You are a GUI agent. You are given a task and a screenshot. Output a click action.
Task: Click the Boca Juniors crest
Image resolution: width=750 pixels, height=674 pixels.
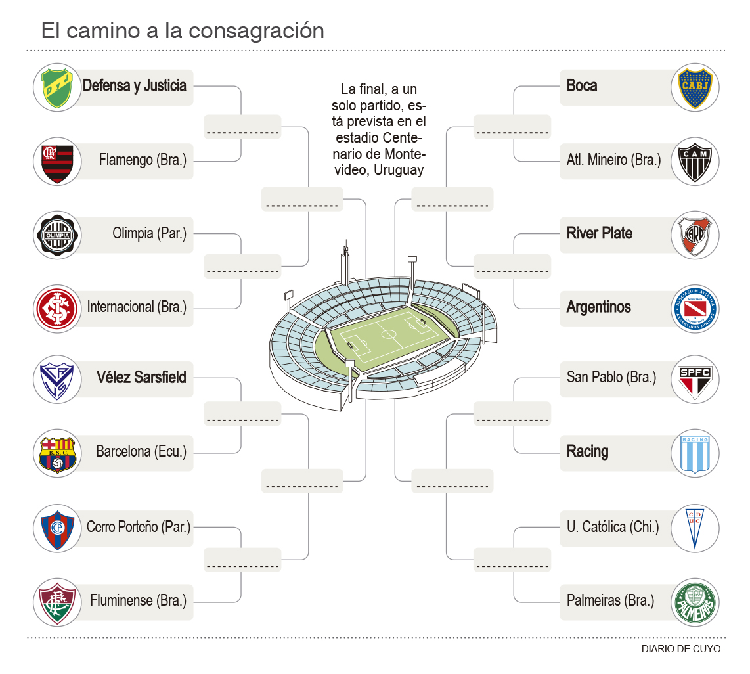[x=695, y=87]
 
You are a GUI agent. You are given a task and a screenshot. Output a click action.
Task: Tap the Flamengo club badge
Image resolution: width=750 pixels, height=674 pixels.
[x=57, y=162]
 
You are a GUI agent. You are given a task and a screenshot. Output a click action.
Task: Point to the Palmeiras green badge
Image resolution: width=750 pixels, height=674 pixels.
[x=695, y=601]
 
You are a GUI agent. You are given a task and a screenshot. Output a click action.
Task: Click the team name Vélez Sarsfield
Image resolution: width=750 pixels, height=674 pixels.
[x=141, y=378]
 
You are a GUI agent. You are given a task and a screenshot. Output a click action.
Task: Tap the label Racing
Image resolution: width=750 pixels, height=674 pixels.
[x=587, y=452]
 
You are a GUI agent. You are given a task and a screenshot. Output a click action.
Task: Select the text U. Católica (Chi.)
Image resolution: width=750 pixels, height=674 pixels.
[x=612, y=527]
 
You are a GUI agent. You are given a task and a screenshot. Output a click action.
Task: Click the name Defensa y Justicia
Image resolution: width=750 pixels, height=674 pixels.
[x=135, y=86]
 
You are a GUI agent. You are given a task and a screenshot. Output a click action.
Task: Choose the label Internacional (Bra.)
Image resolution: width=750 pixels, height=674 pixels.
[x=137, y=307]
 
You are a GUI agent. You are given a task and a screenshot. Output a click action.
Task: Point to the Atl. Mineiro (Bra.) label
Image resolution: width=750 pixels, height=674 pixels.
[x=613, y=160]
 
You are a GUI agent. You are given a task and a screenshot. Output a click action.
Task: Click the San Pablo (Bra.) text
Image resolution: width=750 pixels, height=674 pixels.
[x=611, y=378]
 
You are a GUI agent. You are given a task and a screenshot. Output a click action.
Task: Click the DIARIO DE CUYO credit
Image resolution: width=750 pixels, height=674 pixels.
[x=681, y=649]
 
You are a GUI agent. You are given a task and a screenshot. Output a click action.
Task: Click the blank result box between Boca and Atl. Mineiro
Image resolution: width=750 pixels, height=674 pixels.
[x=512, y=126]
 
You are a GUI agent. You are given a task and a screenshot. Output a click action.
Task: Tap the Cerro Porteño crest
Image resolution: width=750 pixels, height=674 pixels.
[x=57, y=528]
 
